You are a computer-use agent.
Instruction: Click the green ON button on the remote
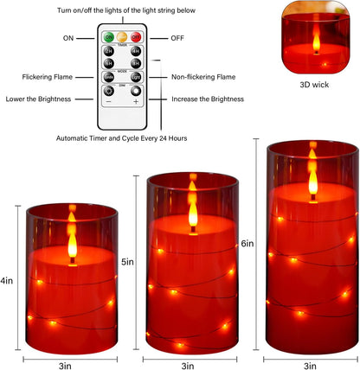pos(108,38)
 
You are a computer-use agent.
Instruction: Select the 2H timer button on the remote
pos(109,51)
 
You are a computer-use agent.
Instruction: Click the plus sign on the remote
pos(135,102)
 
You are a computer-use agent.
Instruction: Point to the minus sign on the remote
pos(109,102)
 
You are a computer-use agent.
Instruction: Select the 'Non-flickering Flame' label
pos(204,77)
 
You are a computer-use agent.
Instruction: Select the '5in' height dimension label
pos(126,262)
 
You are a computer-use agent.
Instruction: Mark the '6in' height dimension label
pos(247,244)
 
